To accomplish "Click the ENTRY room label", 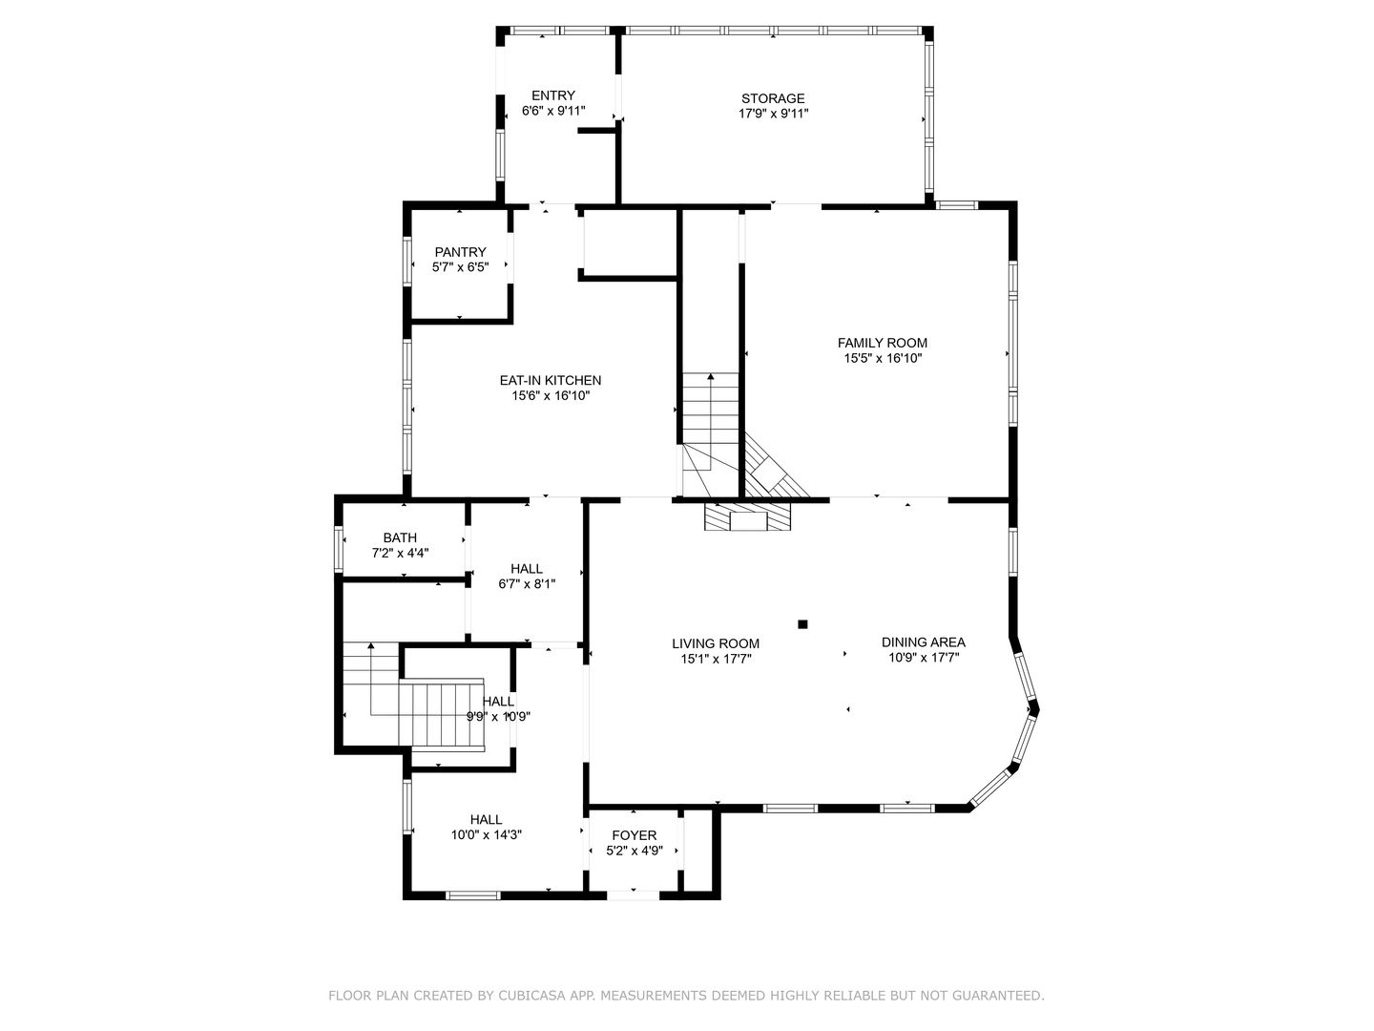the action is pos(552,95).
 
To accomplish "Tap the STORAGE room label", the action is pos(773,98).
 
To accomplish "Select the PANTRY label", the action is pos(460,252).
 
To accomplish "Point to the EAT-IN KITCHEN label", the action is pos(551,380).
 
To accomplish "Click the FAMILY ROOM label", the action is pos(882,343).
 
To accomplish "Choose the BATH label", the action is pos(400,537).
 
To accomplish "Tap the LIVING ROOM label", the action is pos(716,642).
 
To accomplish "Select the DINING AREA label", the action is pos(924,642).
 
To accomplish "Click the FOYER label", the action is pos(635,835).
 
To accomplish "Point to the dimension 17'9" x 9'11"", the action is pos(773,114).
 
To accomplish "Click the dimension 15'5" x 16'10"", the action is pos(883,358).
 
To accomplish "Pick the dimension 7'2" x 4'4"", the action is pos(400,553).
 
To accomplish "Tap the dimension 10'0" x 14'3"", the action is pos(487,834).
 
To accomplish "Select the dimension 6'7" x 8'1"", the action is pos(527,584).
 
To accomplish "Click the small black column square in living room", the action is pos(803,623).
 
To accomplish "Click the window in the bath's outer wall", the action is pos(339,548).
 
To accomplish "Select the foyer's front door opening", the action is pos(634,895).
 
